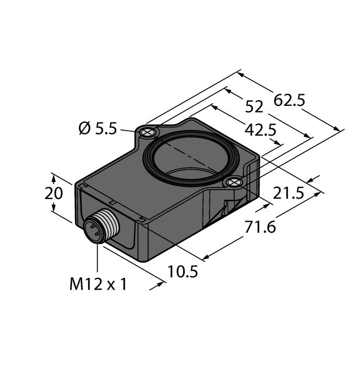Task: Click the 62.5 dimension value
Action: click(290, 101)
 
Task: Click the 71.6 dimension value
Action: click(260, 227)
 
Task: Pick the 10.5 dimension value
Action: click(182, 272)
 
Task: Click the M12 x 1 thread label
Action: click(98, 285)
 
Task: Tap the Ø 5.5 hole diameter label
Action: click(98, 128)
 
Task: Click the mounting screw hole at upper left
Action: click(148, 132)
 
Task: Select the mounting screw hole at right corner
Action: click(234, 183)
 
